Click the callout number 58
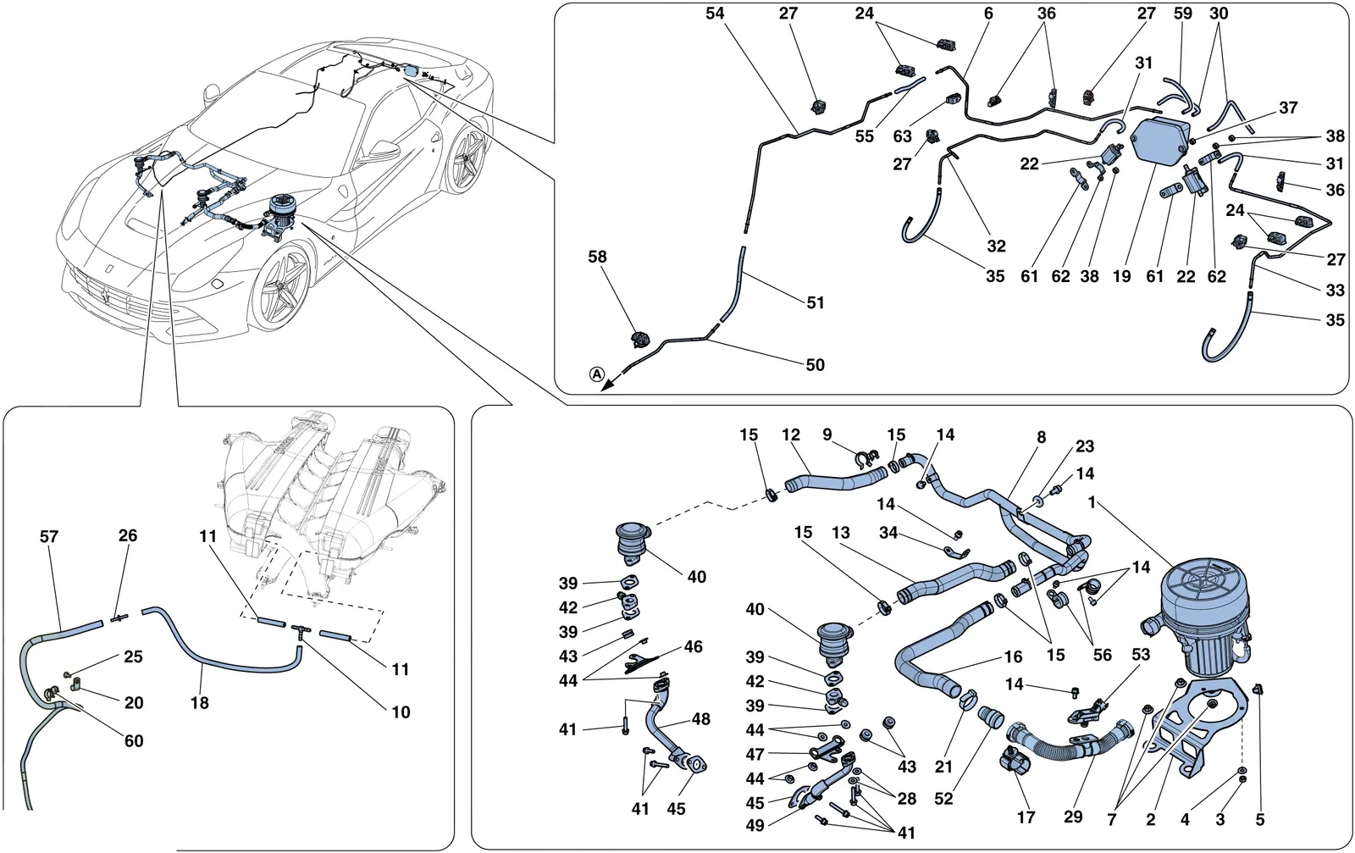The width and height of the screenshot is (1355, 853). [597, 258]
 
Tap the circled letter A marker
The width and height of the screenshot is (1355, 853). [597, 374]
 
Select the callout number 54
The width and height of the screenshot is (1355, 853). [715, 14]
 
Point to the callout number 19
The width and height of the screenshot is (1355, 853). [1121, 276]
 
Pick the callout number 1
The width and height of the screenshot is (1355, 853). [1092, 502]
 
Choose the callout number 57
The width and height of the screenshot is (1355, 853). [49, 536]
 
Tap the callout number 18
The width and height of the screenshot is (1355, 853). [200, 703]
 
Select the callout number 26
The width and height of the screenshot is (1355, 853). [128, 535]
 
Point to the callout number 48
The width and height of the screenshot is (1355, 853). [700, 719]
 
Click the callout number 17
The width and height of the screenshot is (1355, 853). [1026, 817]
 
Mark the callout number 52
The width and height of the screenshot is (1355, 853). [943, 799]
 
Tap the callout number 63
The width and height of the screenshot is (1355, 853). [902, 136]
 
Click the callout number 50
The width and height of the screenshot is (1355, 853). [816, 365]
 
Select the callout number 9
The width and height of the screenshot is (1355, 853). [827, 435]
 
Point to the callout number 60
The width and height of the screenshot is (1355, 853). [134, 741]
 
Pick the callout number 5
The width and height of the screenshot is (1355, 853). [1260, 820]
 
